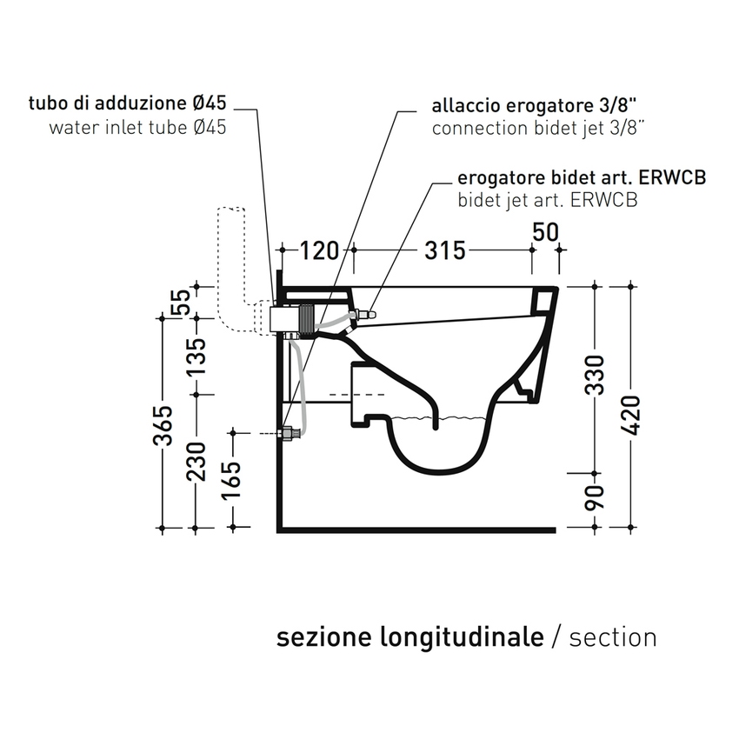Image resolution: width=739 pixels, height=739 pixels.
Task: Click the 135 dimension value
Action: (198, 357)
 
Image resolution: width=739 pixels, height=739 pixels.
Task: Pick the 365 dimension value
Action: (163, 424)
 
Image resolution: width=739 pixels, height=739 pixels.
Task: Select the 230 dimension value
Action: (198, 462)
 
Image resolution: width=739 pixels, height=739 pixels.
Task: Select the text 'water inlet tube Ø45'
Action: (138, 127)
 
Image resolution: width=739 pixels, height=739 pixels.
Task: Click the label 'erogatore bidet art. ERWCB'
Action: (581, 178)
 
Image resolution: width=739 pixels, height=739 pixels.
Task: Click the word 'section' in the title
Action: (613, 637)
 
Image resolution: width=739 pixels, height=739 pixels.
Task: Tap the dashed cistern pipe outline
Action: (230, 261)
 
